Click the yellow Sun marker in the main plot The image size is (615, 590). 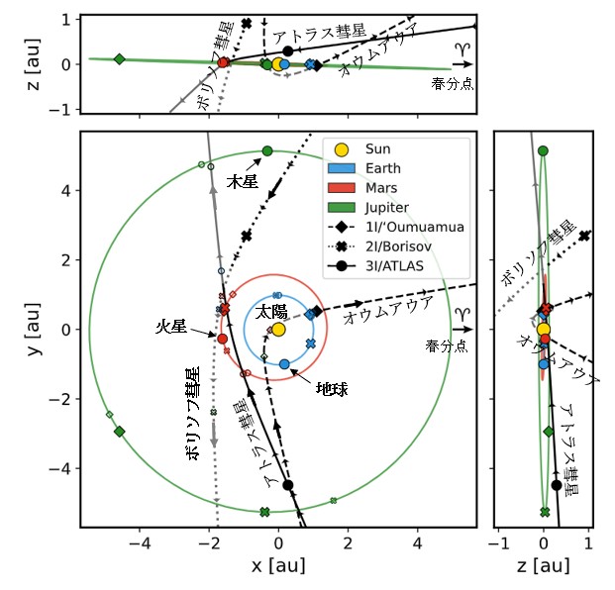[x=278, y=329]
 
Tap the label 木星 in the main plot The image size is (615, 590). [x=243, y=183]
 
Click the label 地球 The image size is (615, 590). [x=332, y=390]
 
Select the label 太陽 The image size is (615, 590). [x=272, y=311]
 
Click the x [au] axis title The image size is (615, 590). [x=277, y=565]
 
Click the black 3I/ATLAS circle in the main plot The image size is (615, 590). [x=288, y=485]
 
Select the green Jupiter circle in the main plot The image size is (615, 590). [x=266, y=150]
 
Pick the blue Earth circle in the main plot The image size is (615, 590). [x=284, y=364]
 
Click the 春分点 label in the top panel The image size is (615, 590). [x=453, y=84]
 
